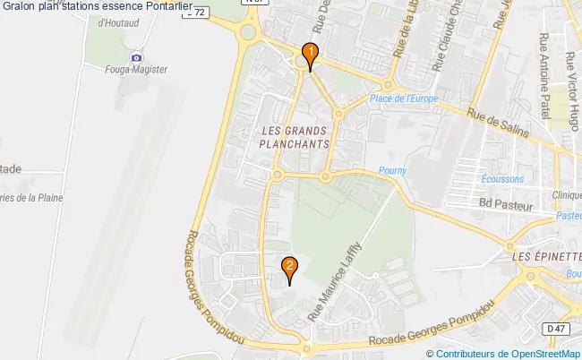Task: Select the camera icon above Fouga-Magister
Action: pyautogui.click(x=136, y=57)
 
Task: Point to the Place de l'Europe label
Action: pyautogui.click(x=402, y=98)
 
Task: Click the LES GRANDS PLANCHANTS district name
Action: pyautogui.click(x=295, y=136)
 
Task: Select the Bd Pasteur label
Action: pyautogui.click(x=506, y=205)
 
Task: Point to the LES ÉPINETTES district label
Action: pyautogui.click(x=545, y=257)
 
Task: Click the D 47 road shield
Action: pyautogui.click(x=557, y=330)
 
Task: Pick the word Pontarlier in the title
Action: pyautogui.click(x=163, y=7)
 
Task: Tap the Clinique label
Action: pyautogui.click(x=566, y=195)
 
